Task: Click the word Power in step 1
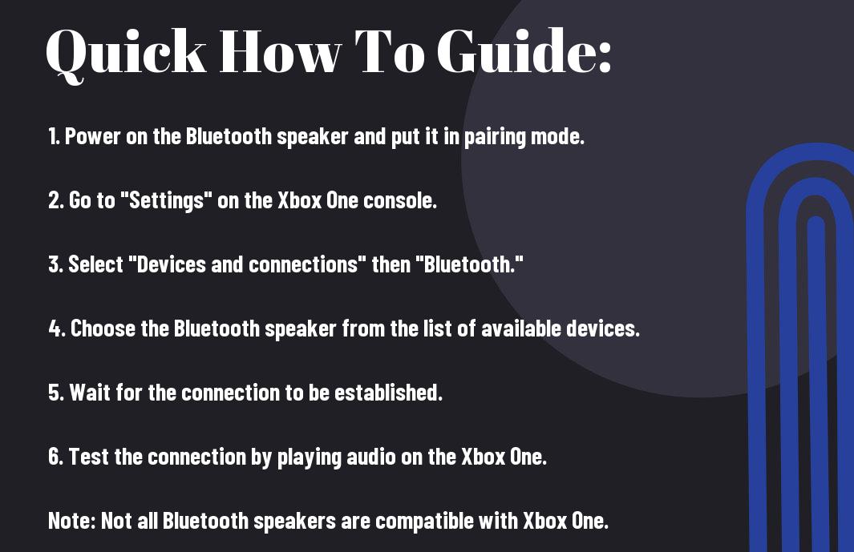(92, 136)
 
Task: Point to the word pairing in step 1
(495, 137)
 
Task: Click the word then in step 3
(391, 264)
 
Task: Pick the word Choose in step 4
(103, 328)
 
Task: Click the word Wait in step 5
(90, 393)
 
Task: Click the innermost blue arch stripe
(817, 381)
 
